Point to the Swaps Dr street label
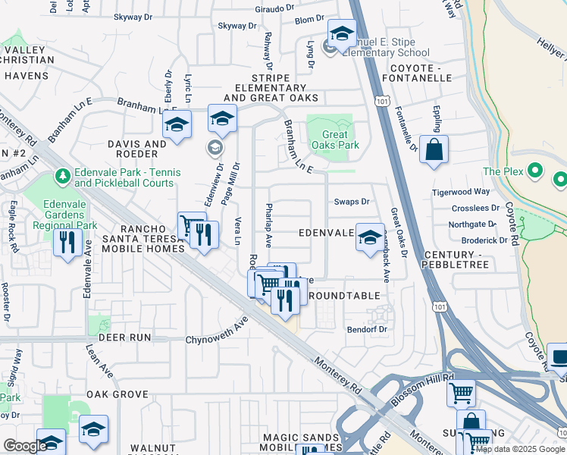(352, 202)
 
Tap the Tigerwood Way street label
(461, 192)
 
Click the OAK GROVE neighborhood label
(116, 394)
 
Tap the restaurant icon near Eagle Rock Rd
(68, 243)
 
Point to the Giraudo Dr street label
(274, 8)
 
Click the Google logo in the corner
(24, 446)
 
